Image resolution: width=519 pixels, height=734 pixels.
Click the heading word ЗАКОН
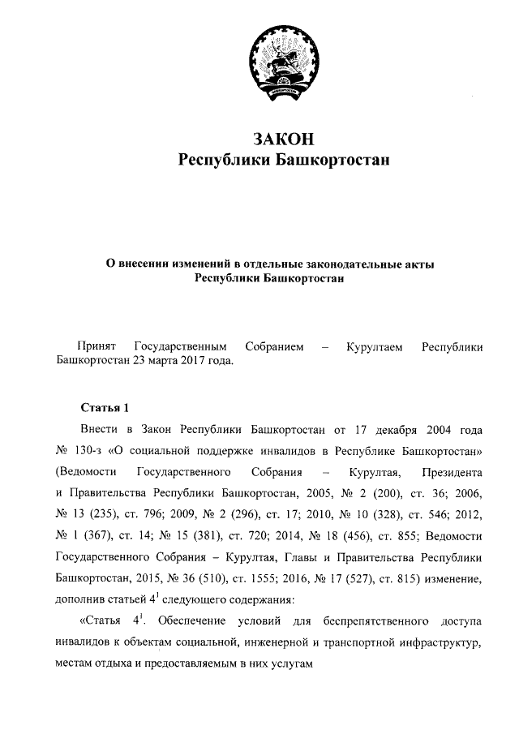point(283,139)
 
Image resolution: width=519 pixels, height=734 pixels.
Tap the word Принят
point(95,347)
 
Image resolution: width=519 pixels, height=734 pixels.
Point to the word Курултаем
point(374,347)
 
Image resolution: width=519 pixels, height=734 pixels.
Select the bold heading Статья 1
point(104,406)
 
